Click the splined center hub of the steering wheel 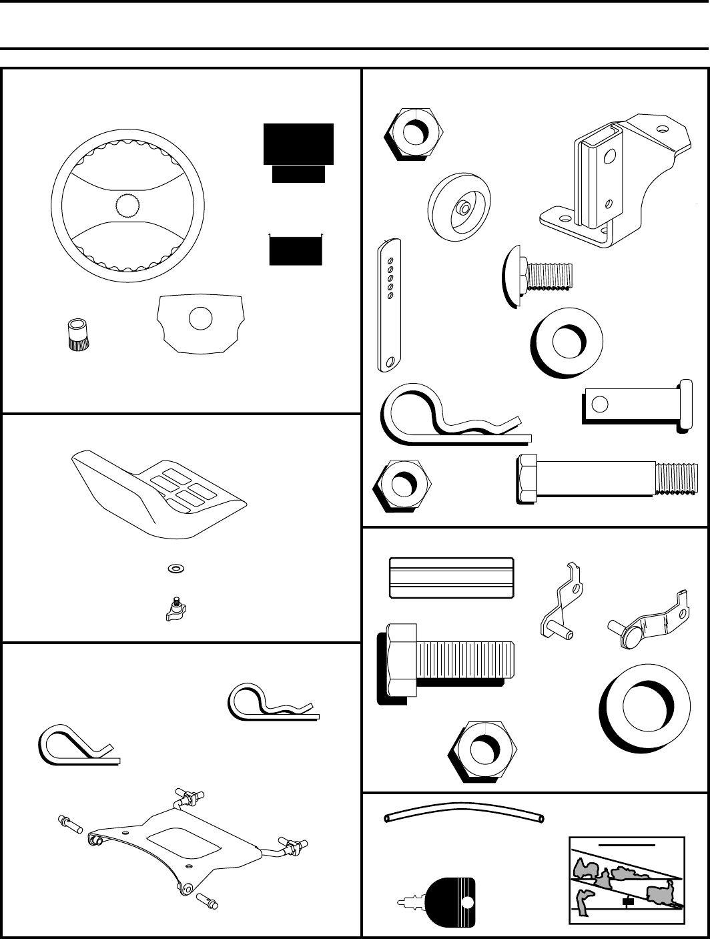tap(129, 206)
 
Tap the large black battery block tap(298, 143)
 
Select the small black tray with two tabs tap(296, 250)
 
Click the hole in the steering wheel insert tap(200, 318)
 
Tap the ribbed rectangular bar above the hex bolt tap(450, 578)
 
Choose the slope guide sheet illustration tap(627, 880)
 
